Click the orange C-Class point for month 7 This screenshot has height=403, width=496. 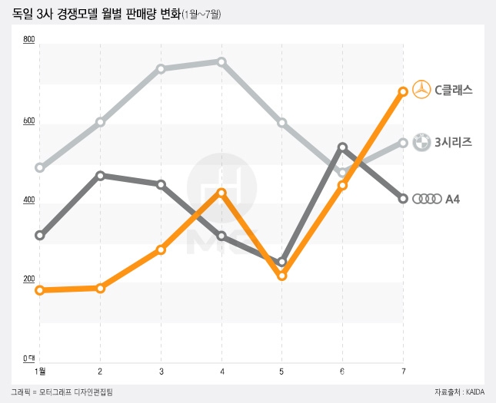pos(403,91)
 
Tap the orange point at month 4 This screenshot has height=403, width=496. pos(221,193)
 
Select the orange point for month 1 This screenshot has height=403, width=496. pos(40,290)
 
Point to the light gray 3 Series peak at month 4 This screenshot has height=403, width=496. pos(221,61)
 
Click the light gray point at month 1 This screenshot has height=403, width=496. pos(40,167)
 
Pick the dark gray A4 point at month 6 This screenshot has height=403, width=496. pos(342,147)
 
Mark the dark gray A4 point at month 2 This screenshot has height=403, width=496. pos(101,175)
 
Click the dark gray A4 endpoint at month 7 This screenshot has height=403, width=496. pos(403,199)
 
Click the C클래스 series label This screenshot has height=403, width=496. pos(453,90)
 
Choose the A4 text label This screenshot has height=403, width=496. pos(453,199)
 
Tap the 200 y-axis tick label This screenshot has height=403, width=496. pos(29,279)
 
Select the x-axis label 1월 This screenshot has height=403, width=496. pos(40,372)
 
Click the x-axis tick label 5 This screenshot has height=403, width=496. pos(281,372)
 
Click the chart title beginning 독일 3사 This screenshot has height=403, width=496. pos(96,13)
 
